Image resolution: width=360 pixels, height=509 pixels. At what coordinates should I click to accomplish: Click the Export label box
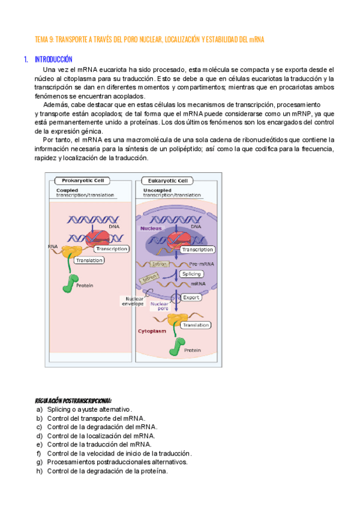(191, 297)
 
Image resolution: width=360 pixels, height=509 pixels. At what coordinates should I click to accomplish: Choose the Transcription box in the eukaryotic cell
(198, 249)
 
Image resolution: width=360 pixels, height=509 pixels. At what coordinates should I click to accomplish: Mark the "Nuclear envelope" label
(133, 301)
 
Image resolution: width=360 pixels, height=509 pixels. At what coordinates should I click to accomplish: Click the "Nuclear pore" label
(160, 306)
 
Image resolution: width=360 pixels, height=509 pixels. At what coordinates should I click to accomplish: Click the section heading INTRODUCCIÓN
(53, 60)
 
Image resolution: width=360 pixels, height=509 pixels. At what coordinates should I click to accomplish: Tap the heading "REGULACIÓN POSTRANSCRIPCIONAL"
(73, 400)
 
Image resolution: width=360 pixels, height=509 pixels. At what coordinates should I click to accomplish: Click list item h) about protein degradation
(102, 471)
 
